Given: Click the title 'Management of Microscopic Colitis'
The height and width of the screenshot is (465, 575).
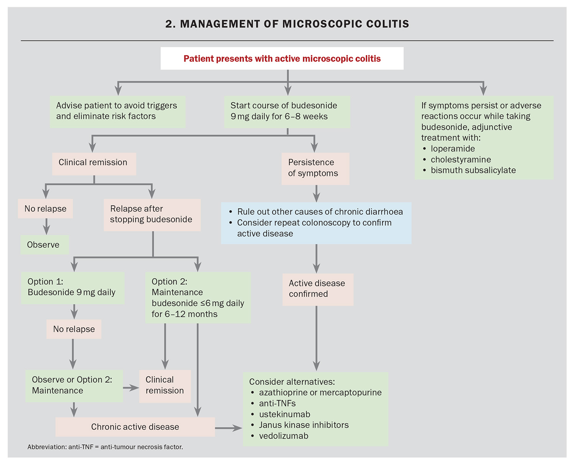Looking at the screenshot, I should coord(287,24).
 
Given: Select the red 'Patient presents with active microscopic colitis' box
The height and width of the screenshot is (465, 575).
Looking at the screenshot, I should coord(282,59).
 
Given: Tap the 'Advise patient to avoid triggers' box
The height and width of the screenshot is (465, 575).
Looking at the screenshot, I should coord(117,111).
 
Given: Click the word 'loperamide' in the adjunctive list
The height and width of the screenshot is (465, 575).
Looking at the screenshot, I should coord(453,149).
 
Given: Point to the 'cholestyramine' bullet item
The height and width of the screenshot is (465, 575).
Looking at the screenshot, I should coord(461,160).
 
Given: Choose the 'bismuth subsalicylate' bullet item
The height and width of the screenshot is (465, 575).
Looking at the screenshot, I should coord(473,170).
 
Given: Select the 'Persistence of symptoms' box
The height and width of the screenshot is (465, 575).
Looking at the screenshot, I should coord(315,168).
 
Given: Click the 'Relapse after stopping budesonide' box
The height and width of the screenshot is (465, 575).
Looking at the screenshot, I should coord(152,214).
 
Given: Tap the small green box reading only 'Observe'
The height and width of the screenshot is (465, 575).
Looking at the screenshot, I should coord(44,245).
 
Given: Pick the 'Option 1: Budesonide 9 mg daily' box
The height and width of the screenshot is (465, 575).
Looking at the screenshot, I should coord(72,287).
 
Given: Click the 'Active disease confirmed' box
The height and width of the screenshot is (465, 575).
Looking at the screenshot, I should coord(317,289).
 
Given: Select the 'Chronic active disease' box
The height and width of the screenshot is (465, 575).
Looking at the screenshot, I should coord(135,427).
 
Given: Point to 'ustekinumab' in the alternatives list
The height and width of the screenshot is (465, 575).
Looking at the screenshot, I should coord(284,414).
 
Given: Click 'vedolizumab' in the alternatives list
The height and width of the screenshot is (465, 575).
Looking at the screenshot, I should coord(283,436).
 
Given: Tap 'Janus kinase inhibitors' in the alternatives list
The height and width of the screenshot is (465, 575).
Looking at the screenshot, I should coord(304,425).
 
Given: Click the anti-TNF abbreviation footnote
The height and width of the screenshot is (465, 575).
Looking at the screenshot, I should coord(105,447).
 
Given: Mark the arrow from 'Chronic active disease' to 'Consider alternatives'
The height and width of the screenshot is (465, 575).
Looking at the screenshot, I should coord(228,428).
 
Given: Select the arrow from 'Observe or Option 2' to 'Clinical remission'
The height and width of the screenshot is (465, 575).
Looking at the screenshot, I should coord(131,388).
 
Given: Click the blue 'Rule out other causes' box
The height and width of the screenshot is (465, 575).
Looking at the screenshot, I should coord(316,223).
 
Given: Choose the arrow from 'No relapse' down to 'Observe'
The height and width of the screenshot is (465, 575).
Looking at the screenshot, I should coord(46,227).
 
